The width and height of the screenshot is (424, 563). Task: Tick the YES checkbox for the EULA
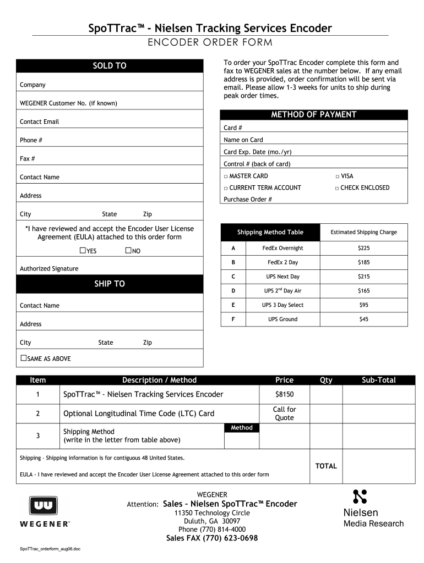click(83, 251)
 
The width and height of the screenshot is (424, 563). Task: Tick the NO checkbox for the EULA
click(129, 251)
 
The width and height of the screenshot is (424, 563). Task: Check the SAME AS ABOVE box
click(23, 358)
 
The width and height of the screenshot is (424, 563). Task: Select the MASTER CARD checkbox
click(226, 176)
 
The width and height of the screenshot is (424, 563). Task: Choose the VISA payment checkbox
click(337, 176)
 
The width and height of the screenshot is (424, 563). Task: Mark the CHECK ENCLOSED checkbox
click(337, 188)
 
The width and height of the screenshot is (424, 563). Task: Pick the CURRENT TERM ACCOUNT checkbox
click(226, 188)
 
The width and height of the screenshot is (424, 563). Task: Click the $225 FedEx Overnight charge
click(363, 248)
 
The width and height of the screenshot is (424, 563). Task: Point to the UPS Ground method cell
click(282, 319)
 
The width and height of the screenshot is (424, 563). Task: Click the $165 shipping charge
click(363, 291)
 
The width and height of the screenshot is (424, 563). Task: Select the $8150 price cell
click(284, 394)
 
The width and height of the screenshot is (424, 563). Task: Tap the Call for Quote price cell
click(284, 413)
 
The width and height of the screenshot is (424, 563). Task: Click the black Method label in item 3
click(242, 428)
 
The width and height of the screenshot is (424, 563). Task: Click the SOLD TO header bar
click(110, 66)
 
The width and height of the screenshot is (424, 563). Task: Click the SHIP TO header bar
click(110, 284)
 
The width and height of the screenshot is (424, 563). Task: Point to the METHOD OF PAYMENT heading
click(314, 115)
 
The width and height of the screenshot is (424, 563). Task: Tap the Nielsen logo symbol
click(360, 496)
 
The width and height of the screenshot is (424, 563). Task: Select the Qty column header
click(326, 380)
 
